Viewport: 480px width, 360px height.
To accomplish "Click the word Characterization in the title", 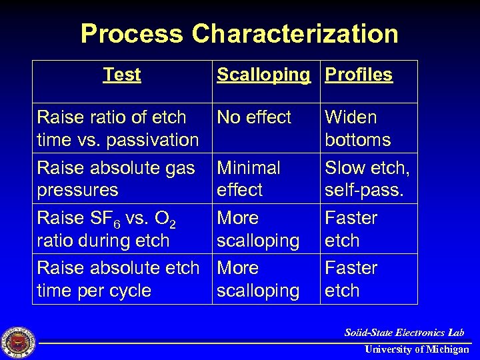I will [x=296, y=33].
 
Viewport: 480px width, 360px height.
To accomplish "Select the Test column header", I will [x=122, y=75].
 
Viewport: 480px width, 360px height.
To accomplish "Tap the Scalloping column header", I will [x=263, y=75].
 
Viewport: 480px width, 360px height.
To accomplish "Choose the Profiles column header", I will [x=359, y=75].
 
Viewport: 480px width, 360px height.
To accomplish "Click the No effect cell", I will [x=254, y=117].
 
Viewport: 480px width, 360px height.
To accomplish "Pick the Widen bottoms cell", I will [x=357, y=129].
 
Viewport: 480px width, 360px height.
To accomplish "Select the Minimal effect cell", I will [x=249, y=179].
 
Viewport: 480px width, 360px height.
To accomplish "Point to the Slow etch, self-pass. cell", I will [x=367, y=179].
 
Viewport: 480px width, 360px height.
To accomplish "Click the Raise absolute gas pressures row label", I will [x=116, y=179].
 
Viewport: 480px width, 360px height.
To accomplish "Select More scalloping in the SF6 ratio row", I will [x=258, y=229].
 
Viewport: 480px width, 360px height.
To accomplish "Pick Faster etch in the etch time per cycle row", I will [x=351, y=279].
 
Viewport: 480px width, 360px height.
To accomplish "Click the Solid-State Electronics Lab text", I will [x=404, y=332].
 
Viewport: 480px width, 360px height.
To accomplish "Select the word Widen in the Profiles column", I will [x=351, y=117].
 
